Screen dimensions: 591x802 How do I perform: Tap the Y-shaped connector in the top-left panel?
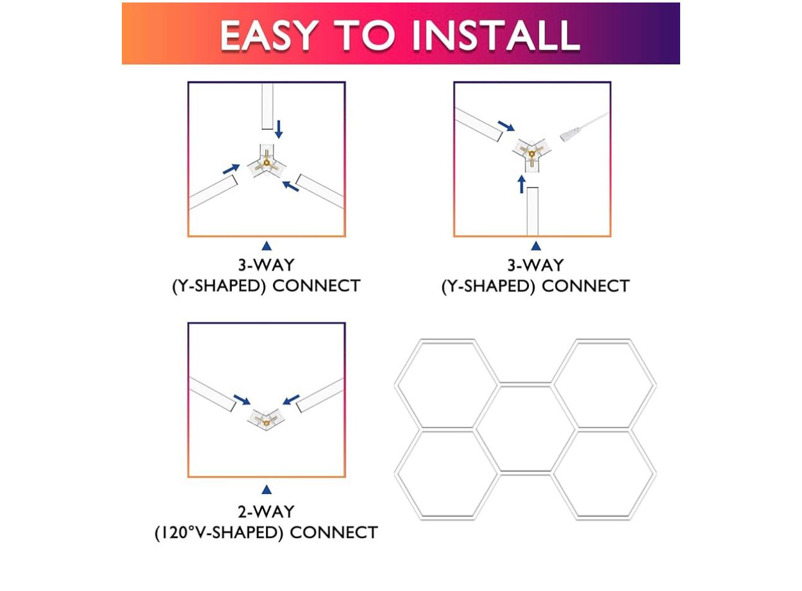tap(267, 163)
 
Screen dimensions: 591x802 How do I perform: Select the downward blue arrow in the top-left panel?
tap(279, 129)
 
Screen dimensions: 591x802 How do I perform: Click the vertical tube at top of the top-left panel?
tap(267, 106)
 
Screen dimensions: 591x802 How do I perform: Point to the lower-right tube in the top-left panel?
tap(321, 191)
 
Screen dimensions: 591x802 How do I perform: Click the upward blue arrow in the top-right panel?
tap(522, 184)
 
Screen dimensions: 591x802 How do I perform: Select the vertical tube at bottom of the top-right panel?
tap(532, 211)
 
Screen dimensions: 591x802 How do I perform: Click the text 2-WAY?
tap(266, 511)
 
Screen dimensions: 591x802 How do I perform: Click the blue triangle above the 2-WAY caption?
tap(267, 490)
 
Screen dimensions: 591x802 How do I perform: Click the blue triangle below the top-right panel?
tap(535, 247)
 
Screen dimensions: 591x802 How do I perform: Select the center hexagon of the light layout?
tap(525, 428)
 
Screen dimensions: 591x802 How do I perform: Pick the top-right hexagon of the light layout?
tap(604, 384)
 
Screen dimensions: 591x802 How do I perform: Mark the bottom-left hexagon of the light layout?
tap(447, 474)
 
